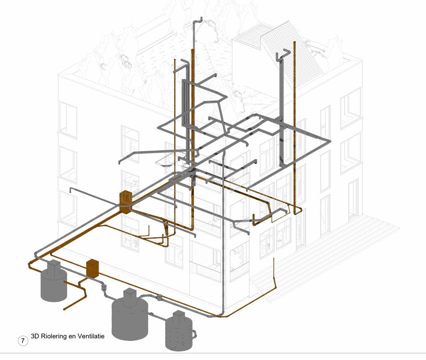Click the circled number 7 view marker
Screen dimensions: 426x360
23,340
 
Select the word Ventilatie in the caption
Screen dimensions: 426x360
91,336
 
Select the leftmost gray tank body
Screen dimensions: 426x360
54,285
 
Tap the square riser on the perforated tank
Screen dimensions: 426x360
179,317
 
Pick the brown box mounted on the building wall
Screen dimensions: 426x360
125,201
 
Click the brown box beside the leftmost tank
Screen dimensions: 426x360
93,269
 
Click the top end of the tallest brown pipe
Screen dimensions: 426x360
294,42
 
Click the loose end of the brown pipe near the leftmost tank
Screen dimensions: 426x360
64,309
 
